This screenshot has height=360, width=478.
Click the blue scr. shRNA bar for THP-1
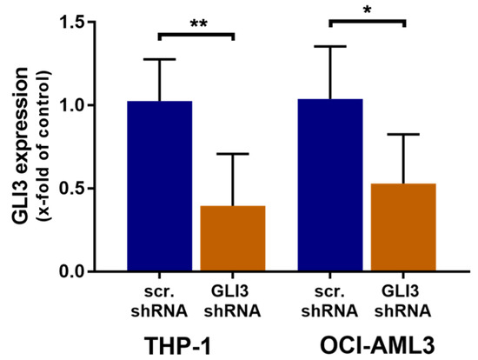158,186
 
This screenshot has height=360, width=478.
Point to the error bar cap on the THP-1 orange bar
233,154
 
